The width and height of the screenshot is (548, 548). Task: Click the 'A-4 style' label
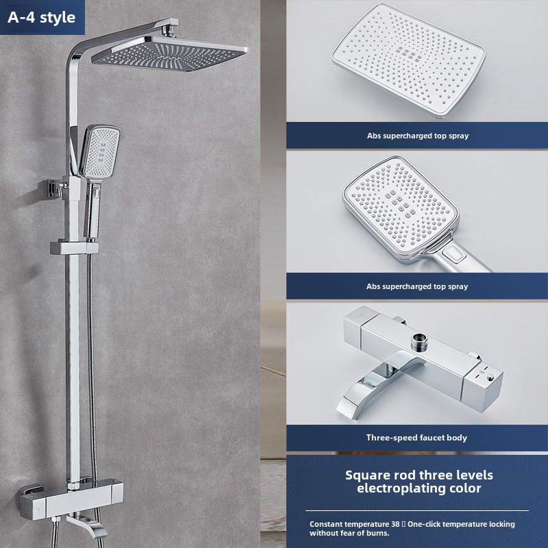pos(42,18)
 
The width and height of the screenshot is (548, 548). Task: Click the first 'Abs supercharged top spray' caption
pos(418,136)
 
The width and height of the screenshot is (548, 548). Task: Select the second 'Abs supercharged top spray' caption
pos(418,286)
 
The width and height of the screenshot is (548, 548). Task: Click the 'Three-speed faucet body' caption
pos(416,437)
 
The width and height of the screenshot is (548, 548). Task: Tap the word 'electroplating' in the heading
pos(397,488)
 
